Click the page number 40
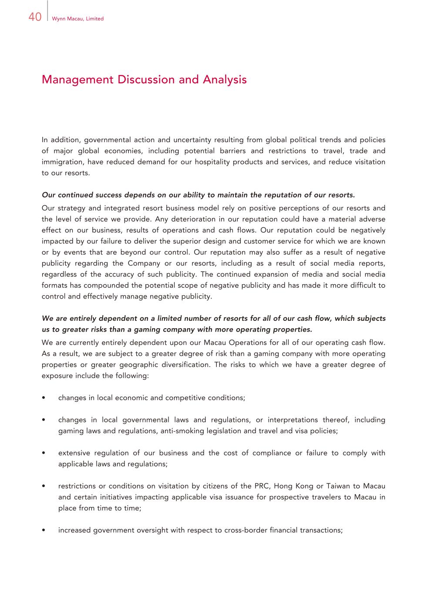[35, 17]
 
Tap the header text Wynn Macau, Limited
[77, 19]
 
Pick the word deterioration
[191, 219]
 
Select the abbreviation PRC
[262, 486]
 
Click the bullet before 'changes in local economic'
[44, 398]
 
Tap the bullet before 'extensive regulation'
[44, 453]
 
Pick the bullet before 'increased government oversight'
[44, 530]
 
